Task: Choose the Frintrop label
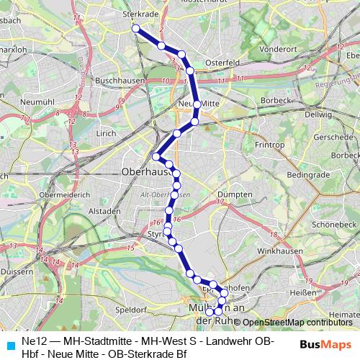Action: pos(269,145)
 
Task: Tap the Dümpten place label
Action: pos(234,194)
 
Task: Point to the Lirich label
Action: pos(105,133)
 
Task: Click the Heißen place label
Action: pos(307,292)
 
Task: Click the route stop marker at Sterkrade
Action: pos(135,28)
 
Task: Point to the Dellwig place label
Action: pos(318,114)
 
